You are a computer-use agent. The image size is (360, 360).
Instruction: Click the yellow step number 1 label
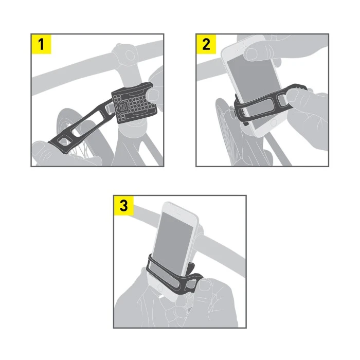[x=42, y=44]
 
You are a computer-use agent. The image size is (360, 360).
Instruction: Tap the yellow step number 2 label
[x=206, y=44]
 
